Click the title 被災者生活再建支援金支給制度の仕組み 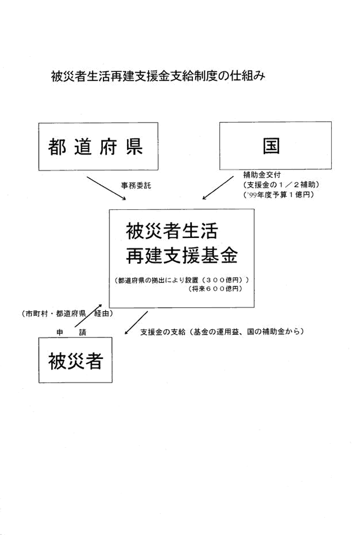tap(157, 76)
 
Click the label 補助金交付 tap(262, 175)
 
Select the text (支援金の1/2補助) tap(281, 185)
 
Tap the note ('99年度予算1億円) tap(278, 195)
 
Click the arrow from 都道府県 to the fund tap(106, 188)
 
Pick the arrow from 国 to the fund tap(218, 188)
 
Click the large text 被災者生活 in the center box tap(172, 231)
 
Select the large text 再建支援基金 tap(182, 255)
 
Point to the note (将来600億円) tap(215, 289)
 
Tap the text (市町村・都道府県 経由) tap(67, 313)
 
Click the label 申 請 tap(71, 332)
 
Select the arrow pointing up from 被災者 tap(88, 316)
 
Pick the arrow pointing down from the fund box tap(136, 322)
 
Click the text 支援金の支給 tap(163, 332)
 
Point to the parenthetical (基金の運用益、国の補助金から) tap(245, 332)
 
